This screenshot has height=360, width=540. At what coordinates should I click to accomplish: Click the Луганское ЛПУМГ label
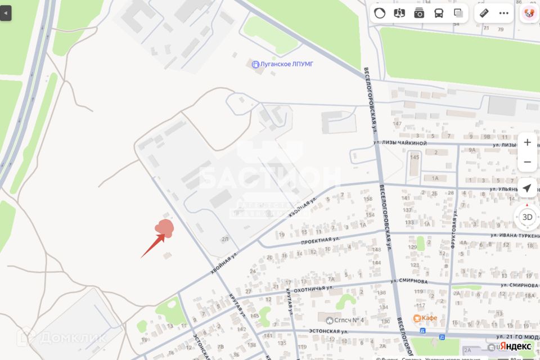(x=282, y=64)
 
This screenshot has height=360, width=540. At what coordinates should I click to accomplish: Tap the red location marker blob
(x=165, y=228)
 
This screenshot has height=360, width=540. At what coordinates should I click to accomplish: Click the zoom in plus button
(x=527, y=142)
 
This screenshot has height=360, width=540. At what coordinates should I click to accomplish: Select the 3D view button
(x=527, y=217)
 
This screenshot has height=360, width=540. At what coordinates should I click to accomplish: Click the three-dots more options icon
(x=503, y=13)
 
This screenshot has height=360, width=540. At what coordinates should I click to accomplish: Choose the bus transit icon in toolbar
(x=439, y=13)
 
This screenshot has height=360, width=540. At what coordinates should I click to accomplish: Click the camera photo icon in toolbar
(x=419, y=13)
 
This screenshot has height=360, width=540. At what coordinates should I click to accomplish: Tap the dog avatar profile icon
(x=529, y=13)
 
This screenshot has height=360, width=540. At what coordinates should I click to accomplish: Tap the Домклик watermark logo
(x=62, y=337)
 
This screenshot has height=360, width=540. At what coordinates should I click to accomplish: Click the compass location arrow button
(x=527, y=188)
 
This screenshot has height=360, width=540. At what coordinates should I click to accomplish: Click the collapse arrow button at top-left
(x=6, y=12)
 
